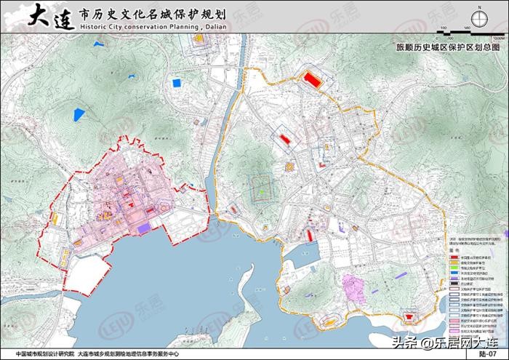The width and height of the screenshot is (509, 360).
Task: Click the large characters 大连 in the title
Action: point(50,17)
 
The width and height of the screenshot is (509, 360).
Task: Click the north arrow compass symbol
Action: point(478,18)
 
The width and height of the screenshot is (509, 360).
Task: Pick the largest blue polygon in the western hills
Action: point(79,113)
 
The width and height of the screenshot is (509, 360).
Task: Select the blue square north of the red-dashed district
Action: point(176,83)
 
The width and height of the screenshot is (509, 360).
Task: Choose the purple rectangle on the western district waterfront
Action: point(144,228)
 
